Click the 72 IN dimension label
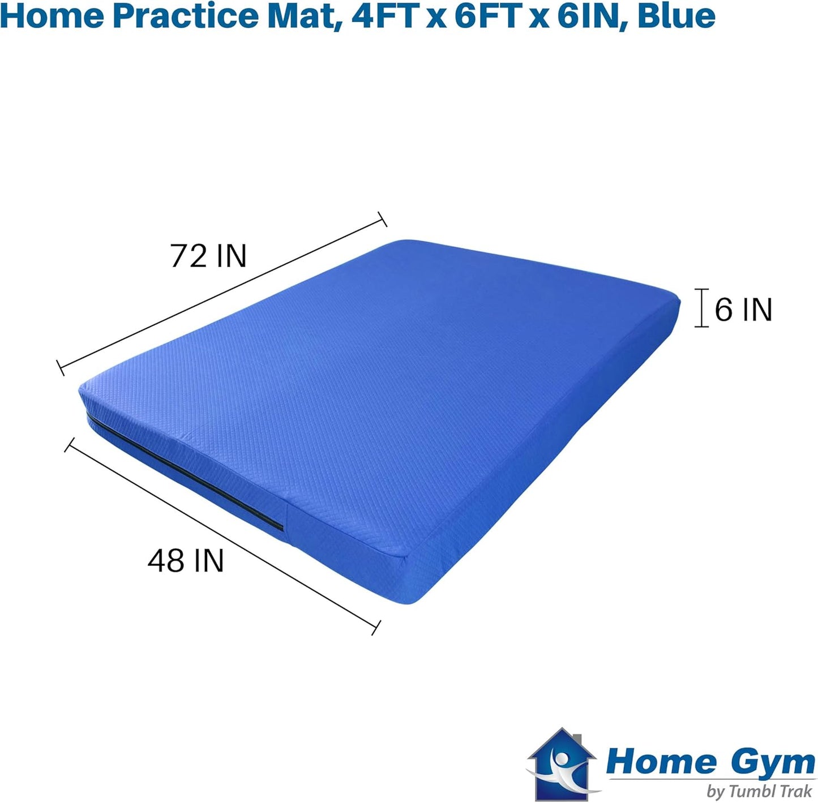coord(208,256)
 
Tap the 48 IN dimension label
coord(186,561)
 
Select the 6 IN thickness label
coord(743,310)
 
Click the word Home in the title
coord(52,15)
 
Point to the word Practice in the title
coord(185,15)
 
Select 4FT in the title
coord(384,15)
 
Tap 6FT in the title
coord(487,15)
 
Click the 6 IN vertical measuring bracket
coord(702,308)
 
